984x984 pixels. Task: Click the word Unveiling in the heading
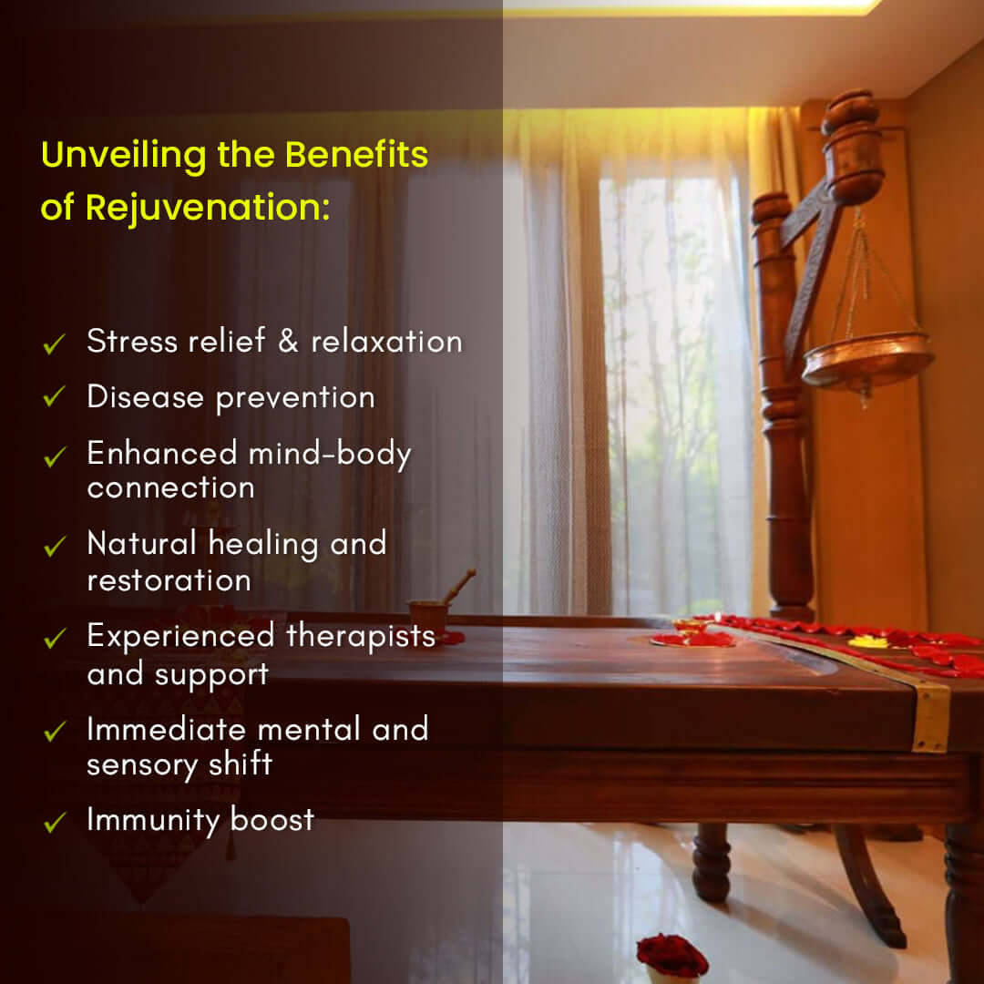point(124,155)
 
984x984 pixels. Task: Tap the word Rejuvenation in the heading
point(208,208)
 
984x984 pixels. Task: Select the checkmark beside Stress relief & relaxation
point(55,343)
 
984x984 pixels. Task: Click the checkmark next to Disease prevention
point(55,396)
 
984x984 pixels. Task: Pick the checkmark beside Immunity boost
point(56,822)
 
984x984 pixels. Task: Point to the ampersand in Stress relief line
point(288,342)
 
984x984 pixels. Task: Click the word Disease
point(146,397)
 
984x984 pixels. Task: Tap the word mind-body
point(330,454)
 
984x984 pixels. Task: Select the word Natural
point(142,543)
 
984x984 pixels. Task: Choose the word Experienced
point(180,636)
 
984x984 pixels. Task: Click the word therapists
point(361,635)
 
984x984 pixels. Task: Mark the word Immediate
point(167,729)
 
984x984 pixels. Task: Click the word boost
point(272,820)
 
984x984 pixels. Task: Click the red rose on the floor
point(672,955)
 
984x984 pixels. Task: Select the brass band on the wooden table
point(930,717)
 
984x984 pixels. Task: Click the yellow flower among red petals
point(868,642)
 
